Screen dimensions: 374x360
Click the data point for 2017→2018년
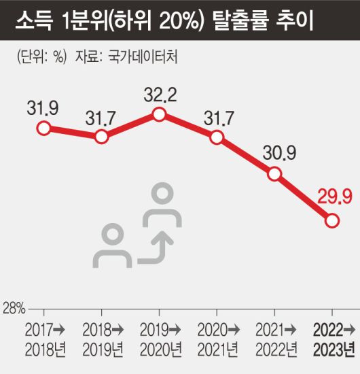pos(43,128)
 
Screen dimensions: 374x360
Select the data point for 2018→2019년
pos(101,137)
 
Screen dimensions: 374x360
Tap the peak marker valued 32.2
pos(159,114)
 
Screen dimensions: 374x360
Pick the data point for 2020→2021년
pos(217,137)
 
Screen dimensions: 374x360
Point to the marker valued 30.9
pos(274,173)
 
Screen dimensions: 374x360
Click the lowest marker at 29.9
pos(332,220)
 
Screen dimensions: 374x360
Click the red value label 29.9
pos(333,197)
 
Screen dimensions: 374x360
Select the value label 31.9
pos(43,107)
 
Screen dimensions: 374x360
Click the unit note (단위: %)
pos(41,58)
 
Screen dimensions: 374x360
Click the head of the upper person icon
pos(162,193)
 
